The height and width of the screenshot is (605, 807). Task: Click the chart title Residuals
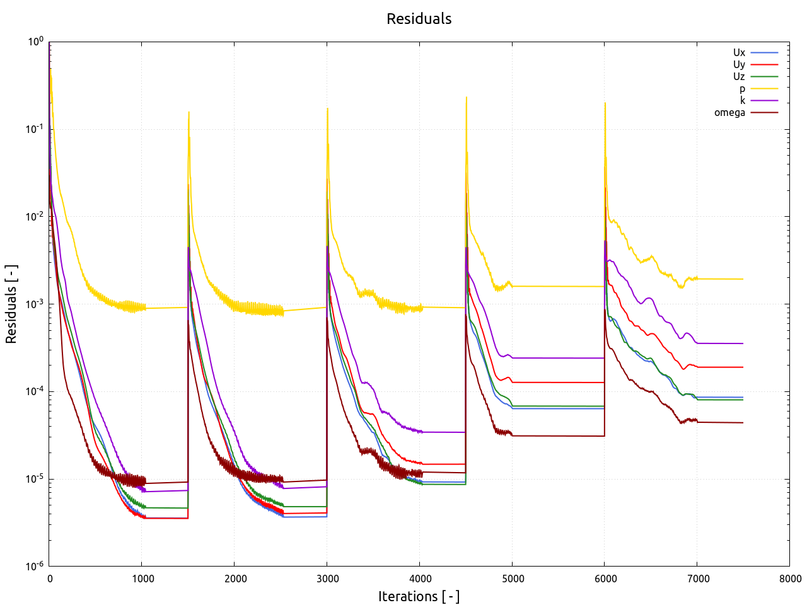pos(419,19)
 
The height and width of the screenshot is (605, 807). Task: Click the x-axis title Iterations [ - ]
pos(419,596)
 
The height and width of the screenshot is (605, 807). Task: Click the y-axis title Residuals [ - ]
pos(11,304)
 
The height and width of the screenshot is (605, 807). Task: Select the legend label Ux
pos(739,53)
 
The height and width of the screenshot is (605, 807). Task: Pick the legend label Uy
pos(739,65)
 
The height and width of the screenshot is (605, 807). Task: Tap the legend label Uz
pos(739,77)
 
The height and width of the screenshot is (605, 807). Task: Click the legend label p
pos(742,89)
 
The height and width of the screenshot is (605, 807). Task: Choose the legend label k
pos(742,101)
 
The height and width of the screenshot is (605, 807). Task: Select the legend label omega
pos(729,113)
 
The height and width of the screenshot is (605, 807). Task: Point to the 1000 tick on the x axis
pos(142,579)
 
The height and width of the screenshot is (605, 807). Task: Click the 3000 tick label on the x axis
pos(327,579)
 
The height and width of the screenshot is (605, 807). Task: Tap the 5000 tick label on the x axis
pos(513,579)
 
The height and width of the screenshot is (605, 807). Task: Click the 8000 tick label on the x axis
pos(790,579)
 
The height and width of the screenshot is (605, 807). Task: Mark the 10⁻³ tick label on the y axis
pos(35,304)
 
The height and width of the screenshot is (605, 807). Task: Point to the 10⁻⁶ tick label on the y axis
pos(35,566)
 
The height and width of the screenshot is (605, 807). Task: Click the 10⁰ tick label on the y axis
pos(35,42)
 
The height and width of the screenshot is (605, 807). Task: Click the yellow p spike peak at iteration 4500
pos(467,97)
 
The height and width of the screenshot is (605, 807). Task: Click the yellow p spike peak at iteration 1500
pos(189,112)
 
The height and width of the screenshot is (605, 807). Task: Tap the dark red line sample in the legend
pos(764,113)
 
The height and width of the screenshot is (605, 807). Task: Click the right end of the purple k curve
pos(743,343)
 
